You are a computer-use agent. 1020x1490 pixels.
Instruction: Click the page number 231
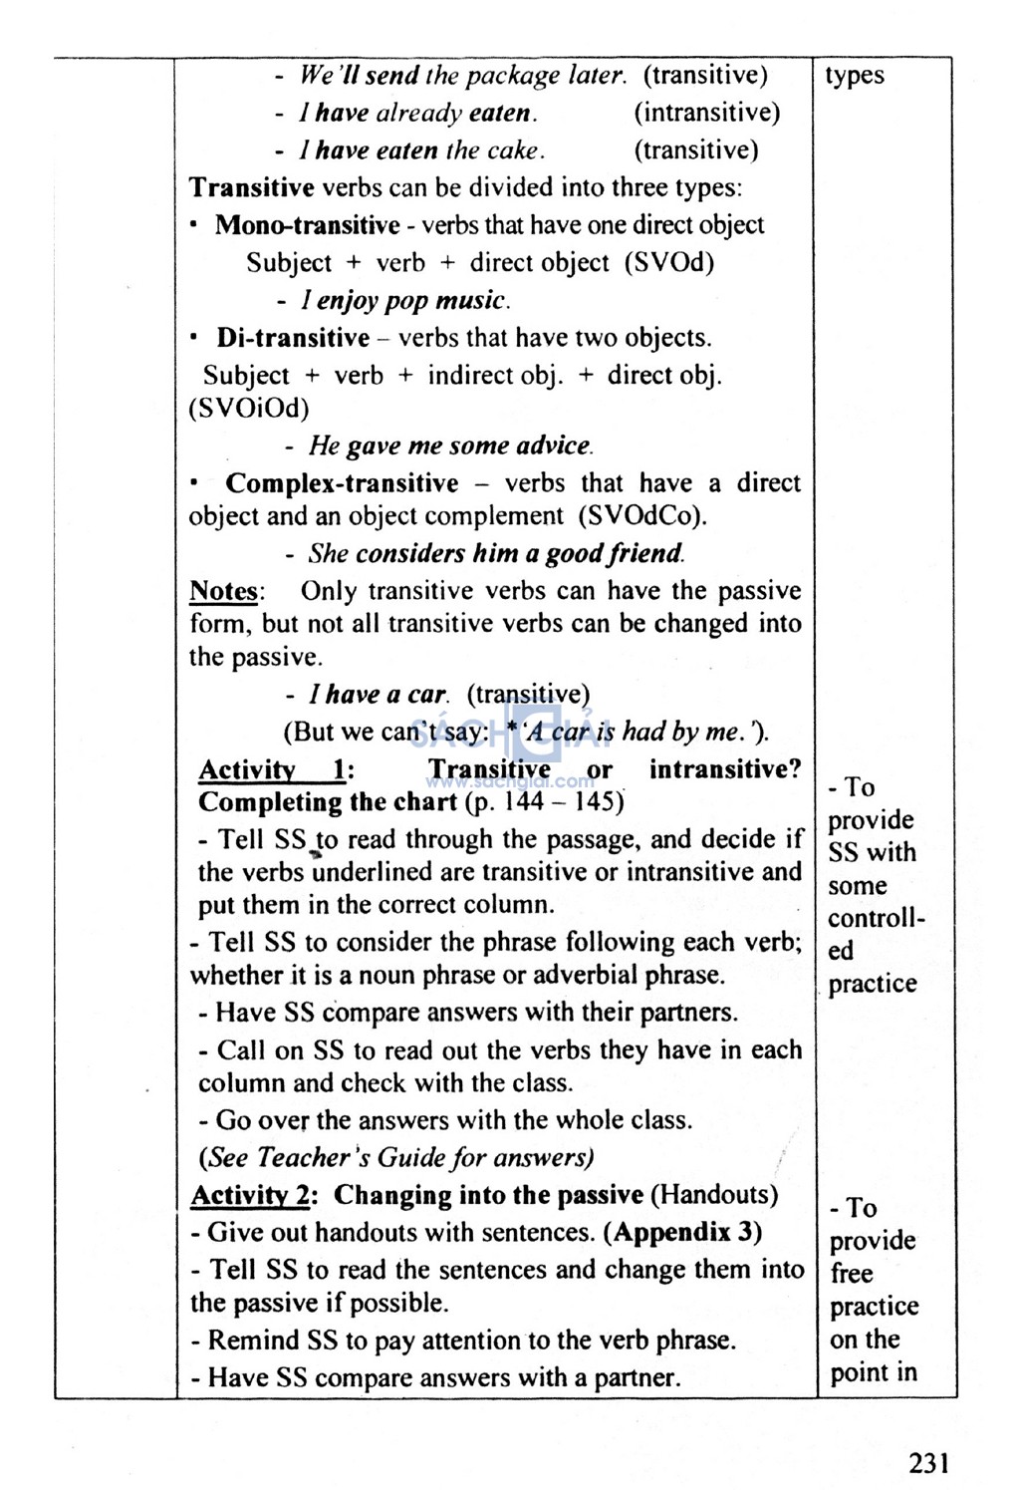tap(928, 1462)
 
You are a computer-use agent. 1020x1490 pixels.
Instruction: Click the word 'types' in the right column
tap(855, 77)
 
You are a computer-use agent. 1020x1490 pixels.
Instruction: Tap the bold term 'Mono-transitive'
tap(307, 225)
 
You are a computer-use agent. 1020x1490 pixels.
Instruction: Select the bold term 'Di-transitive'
tap(293, 338)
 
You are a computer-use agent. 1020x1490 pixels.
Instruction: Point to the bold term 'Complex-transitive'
tap(342, 483)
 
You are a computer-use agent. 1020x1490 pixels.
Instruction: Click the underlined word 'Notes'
tap(224, 591)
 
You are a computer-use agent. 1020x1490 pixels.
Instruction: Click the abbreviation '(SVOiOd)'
tap(249, 409)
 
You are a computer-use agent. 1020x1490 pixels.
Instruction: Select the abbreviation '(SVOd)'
tap(669, 263)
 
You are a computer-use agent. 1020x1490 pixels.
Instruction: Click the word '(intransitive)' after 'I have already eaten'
tap(706, 113)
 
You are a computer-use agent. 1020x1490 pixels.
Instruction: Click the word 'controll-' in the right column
tap(876, 918)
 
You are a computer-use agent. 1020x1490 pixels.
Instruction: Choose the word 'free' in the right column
tap(852, 1274)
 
